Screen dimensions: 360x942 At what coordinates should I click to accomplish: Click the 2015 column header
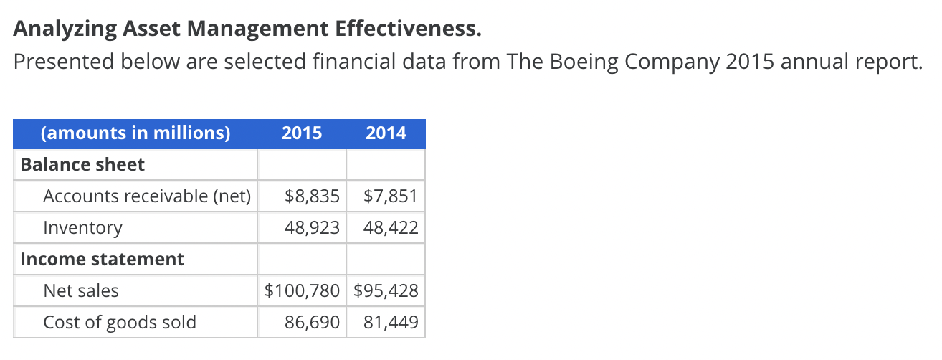(x=302, y=133)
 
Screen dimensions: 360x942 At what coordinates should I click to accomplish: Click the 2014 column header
(x=386, y=133)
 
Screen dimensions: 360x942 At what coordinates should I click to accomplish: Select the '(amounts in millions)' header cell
(x=135, y=133)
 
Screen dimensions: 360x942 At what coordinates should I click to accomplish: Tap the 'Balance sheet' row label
(x=82, y=165)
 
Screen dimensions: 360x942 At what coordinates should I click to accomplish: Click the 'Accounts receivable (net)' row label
(x=147, y=196)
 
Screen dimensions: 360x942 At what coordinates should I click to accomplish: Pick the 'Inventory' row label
(x=82, y=228)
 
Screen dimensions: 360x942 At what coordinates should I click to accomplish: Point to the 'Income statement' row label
(x=103, y=260)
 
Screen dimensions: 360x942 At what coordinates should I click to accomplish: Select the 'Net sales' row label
(x=81, y=291)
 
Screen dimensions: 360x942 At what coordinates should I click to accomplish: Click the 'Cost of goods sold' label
(x=120, y=323)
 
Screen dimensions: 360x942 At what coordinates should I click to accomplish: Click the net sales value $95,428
(x=387, y=291)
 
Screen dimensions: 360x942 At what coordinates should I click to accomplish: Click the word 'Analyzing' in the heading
(x=60, y=29)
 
